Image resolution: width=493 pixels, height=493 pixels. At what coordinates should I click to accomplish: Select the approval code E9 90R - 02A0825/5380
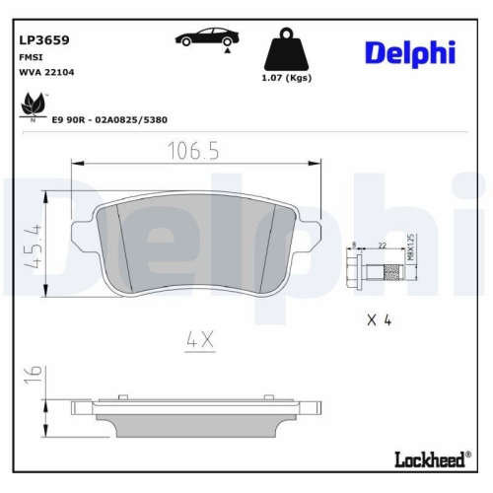[109, 119]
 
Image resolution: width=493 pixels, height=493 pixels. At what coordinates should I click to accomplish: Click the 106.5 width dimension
[191, 152]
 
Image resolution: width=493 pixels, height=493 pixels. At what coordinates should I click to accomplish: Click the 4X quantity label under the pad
[200, 340]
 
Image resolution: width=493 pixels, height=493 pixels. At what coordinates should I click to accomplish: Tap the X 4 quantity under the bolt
[381, 318]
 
